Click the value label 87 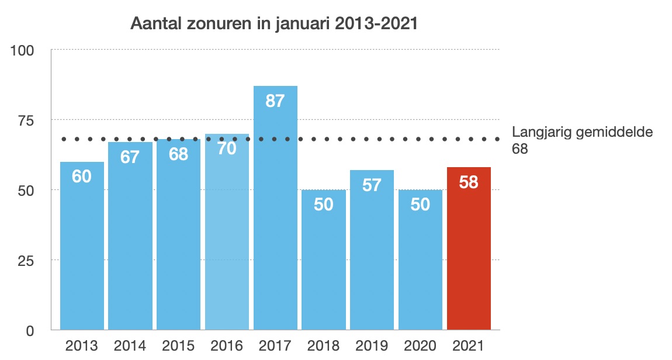[275, 101]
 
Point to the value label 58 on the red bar [469, 182]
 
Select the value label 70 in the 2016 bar [227, 148]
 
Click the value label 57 [372, 185]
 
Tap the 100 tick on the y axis [25, 50]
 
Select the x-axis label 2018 [323, 346]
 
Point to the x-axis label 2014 [130, 346]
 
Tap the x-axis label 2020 [420, 346]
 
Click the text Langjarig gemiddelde [582, 132]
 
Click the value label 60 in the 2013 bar [82, 176]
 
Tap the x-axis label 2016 [227, 346]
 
